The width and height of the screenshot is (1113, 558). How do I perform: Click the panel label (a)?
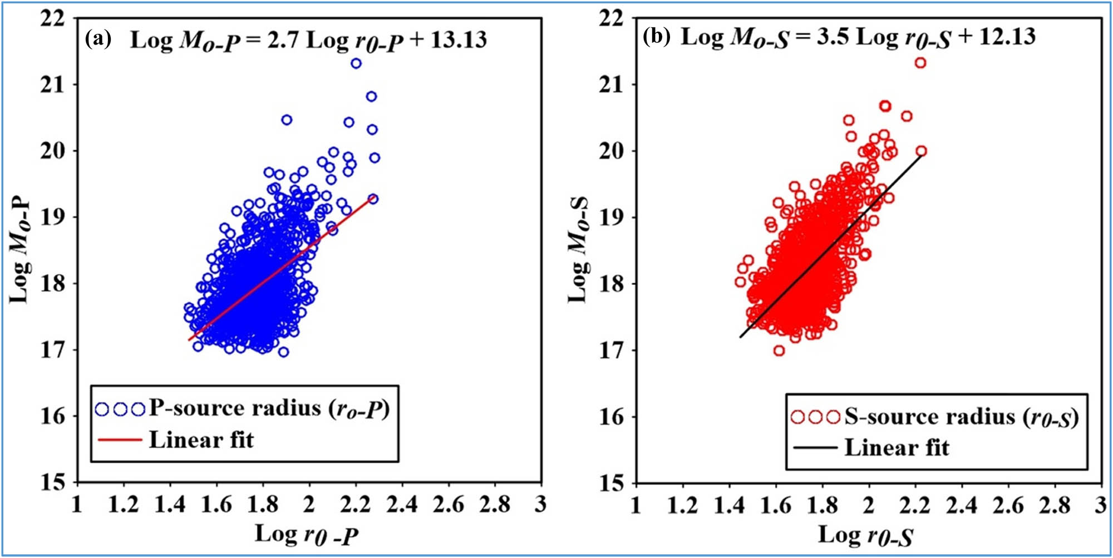point(99,39)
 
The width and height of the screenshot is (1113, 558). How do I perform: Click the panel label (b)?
point(657,37)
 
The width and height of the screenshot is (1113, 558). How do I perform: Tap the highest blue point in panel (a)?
point(356,63)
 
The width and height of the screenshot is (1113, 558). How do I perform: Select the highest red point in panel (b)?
point(920,63)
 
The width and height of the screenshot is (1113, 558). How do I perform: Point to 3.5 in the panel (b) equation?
point(833,37)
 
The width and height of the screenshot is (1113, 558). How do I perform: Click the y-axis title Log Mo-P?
point(21,250)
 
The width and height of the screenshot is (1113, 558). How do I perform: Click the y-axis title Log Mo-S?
point(579,250)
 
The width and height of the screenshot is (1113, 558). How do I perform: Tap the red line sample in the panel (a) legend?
point(119,440)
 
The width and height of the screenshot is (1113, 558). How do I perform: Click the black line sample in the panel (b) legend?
point(815,447)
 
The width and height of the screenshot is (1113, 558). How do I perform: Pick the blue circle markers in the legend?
point(120,409)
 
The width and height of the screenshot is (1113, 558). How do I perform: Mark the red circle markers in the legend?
point(815,417)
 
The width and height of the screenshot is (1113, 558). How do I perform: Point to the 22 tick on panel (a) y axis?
point(53,19)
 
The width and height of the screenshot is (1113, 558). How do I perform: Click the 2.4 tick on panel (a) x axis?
point(402,505)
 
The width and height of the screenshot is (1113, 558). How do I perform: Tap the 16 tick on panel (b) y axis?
point(612,417)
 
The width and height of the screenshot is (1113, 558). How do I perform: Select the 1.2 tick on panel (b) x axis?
point(682,505)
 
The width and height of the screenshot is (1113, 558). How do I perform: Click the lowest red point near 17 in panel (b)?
point(779,350)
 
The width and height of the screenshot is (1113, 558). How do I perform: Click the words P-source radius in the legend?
point(235,408)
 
